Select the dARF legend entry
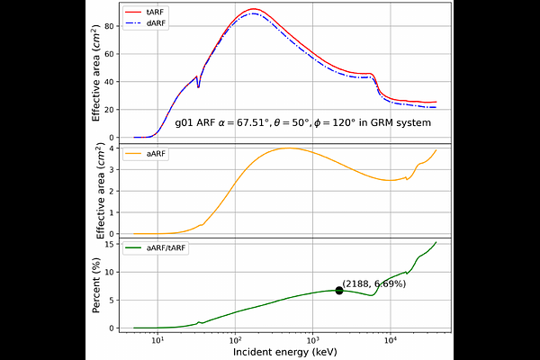(154, 22)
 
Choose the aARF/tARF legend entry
(165, 247)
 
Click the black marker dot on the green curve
(339, 290)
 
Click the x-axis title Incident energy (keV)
(286, 352)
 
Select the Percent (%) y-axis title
(97, 286)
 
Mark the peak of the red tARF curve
(255, 9)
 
